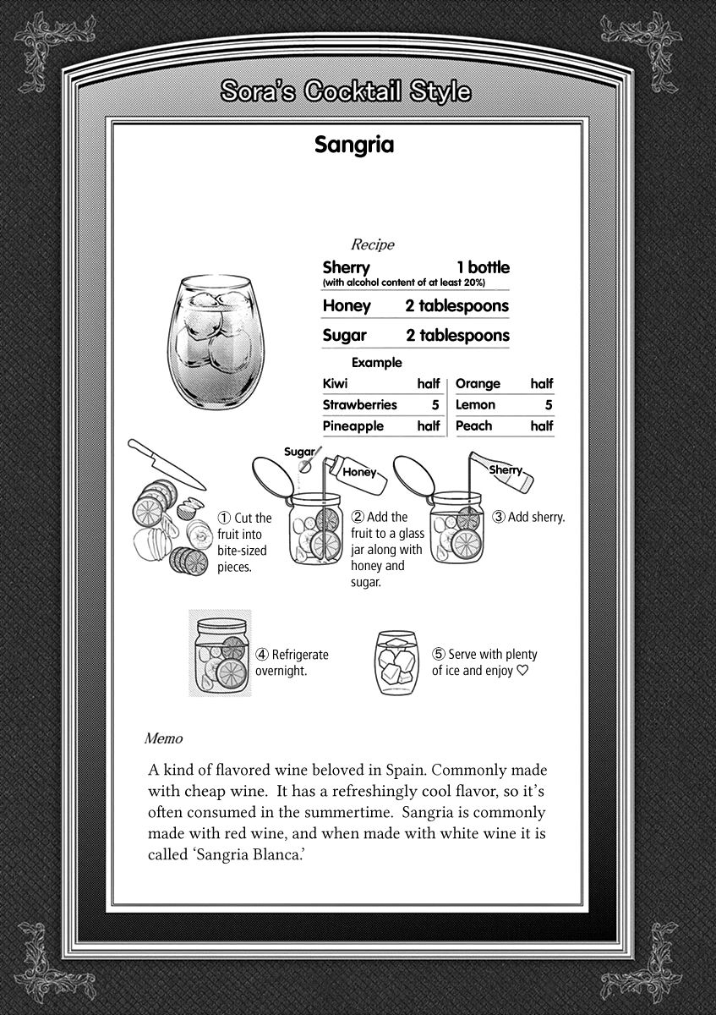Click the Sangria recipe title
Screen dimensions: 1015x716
(354, 145)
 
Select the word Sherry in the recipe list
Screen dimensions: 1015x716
(347, 267)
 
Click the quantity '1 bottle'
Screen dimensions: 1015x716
(483, 267)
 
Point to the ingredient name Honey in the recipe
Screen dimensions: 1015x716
(346, 305)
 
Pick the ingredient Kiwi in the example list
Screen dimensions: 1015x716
(335, 383)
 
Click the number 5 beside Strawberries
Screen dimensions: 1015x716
(435, 405)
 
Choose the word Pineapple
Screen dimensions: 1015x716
(353, 426)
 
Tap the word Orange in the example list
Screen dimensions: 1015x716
(478, 383)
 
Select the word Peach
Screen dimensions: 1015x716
(473, 426)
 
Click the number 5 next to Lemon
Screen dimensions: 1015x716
(549, 405)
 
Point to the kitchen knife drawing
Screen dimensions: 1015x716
(165, 464)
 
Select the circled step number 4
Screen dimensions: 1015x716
(262, 654)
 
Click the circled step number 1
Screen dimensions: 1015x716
(224, 518)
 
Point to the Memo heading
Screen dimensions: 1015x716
(163, 738)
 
